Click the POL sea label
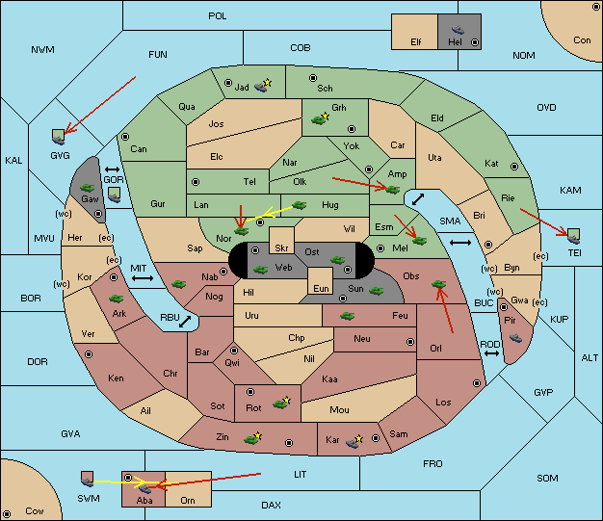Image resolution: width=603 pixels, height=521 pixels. pos(218,16)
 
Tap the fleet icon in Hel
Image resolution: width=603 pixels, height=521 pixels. pos(458,30)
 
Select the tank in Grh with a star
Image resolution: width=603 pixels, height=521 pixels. pos(320,118)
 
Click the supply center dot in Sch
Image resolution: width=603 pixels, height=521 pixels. pos(313,78)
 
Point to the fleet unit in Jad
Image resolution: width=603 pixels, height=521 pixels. pos(262,86)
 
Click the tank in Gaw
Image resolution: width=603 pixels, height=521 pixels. pos(88,187)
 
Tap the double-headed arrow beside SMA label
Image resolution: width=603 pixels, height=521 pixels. pos(460,243)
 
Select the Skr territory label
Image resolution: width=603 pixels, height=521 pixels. pos(281,248)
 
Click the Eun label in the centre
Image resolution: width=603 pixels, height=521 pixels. pos(321,288)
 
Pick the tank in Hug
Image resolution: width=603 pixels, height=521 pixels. pos(300,205)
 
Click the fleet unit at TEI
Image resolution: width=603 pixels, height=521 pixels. pos(574,236)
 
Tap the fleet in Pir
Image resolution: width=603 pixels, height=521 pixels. pos(515,338)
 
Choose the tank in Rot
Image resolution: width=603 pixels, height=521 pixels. pos(281,403)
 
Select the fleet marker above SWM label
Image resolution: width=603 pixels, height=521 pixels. pos(88,479)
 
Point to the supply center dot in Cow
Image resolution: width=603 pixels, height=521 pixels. pos(7,513)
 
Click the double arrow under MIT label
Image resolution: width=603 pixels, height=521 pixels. pos(143,278)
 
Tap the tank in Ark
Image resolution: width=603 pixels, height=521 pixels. pos(117,298)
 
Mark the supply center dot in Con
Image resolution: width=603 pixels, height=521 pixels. pos(595,7)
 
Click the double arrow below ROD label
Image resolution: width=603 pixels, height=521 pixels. pos(491,353)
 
